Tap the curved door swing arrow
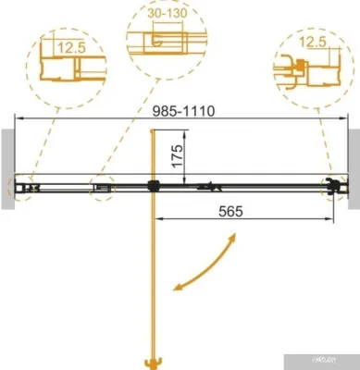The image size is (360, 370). point(202,262)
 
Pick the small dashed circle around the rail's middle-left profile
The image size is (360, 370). point(102,188)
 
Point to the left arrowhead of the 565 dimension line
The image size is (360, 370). point(156,219)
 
